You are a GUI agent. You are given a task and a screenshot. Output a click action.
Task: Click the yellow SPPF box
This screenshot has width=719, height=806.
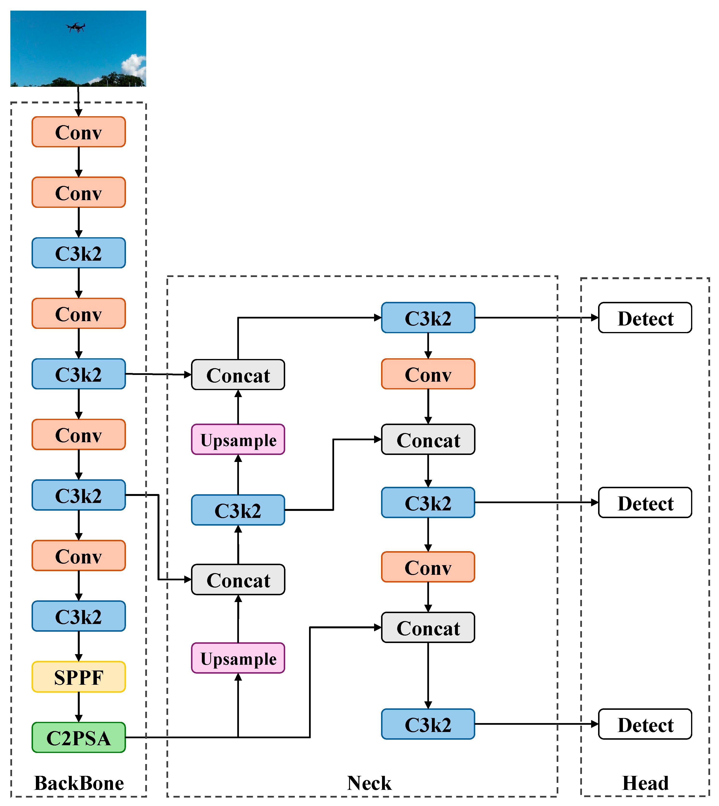[79, 677]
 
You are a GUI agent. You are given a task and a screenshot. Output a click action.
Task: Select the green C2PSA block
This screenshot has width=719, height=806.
[79, 737]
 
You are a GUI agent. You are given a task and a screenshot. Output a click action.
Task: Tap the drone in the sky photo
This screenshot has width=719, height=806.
[76, 27]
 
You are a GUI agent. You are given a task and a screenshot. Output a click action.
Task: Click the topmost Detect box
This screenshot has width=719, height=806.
[645, 318]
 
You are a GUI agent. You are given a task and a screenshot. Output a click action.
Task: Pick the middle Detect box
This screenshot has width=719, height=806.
[645, 502]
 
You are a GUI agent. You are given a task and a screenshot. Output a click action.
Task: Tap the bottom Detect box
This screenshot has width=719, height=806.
[645, 724]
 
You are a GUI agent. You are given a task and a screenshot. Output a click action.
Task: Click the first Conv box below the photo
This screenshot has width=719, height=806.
[79, 132]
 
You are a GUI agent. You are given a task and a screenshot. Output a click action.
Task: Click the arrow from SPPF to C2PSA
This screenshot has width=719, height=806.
[79, 707]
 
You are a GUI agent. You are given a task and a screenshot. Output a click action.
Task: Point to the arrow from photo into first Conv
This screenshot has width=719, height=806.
[78, 102]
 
